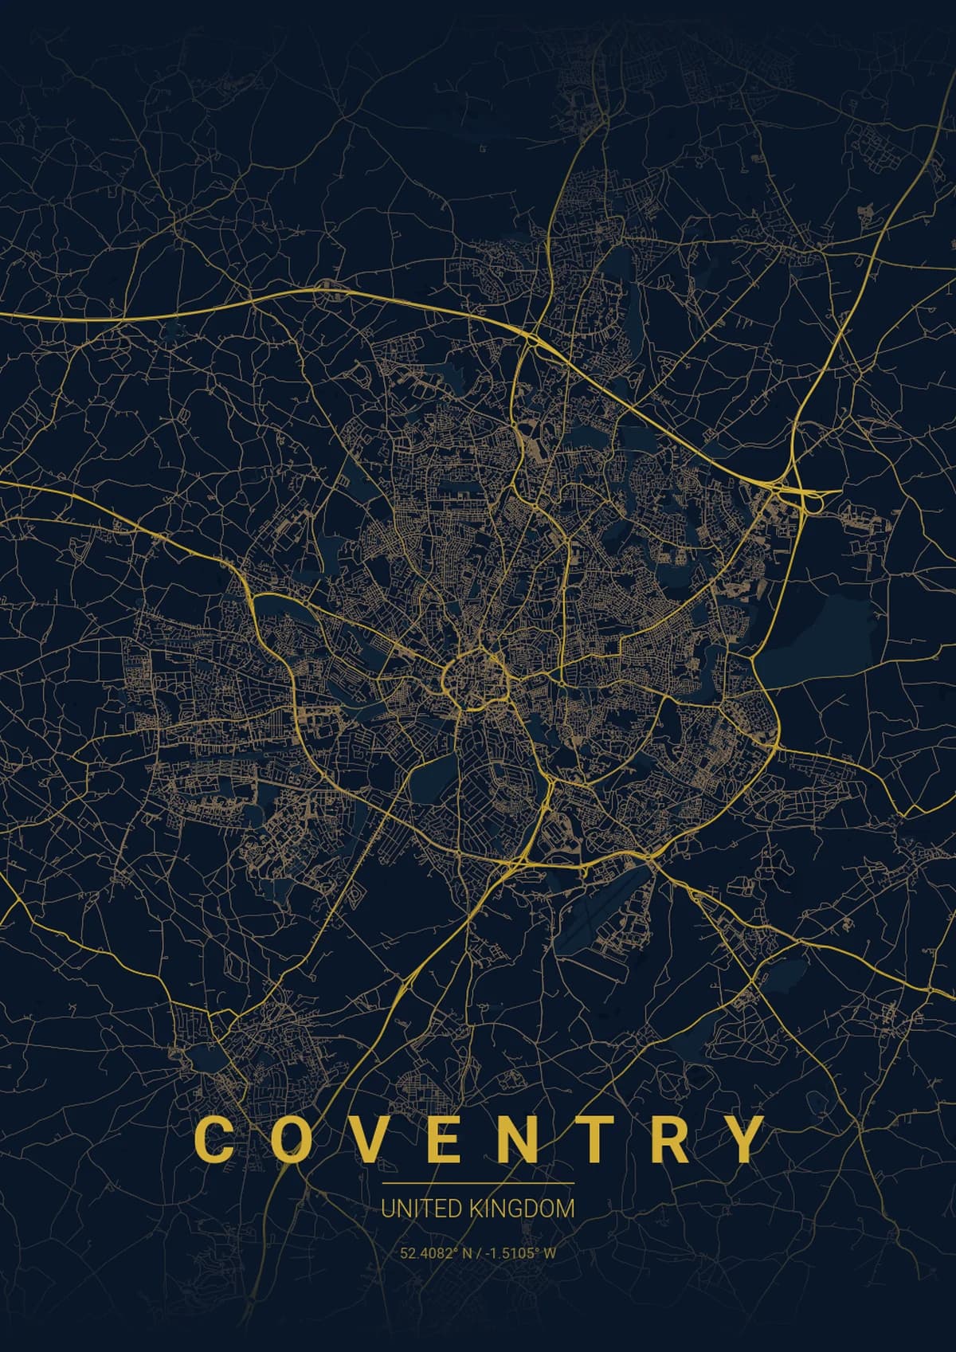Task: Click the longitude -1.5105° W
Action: (x=516, y=1253)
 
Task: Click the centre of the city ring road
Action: (x=474, y=677)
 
